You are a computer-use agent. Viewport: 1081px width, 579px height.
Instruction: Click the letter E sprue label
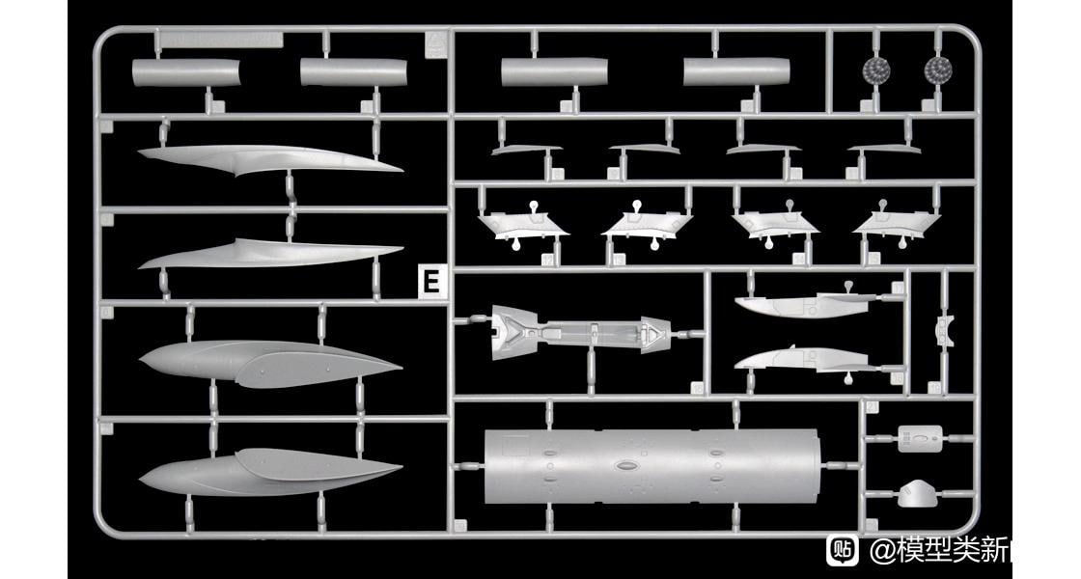click(431, 282)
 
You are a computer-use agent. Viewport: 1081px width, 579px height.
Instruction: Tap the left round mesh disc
click(875, 69)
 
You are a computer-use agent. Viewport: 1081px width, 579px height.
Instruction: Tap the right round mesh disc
click(937, 69)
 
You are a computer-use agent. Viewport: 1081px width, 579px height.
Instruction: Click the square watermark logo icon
click(843, 550)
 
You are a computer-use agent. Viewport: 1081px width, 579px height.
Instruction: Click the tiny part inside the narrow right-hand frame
click(941, 328)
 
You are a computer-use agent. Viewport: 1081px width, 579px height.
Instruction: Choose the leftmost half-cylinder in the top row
click(185, 72)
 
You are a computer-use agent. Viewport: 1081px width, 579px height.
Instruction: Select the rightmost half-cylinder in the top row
click(736, 71)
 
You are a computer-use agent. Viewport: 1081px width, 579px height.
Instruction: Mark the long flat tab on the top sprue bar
click(221, 41)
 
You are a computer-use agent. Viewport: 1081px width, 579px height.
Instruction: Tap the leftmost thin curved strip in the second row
click(526, 150)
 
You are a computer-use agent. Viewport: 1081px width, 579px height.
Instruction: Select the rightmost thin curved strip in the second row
click(883, 150)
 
